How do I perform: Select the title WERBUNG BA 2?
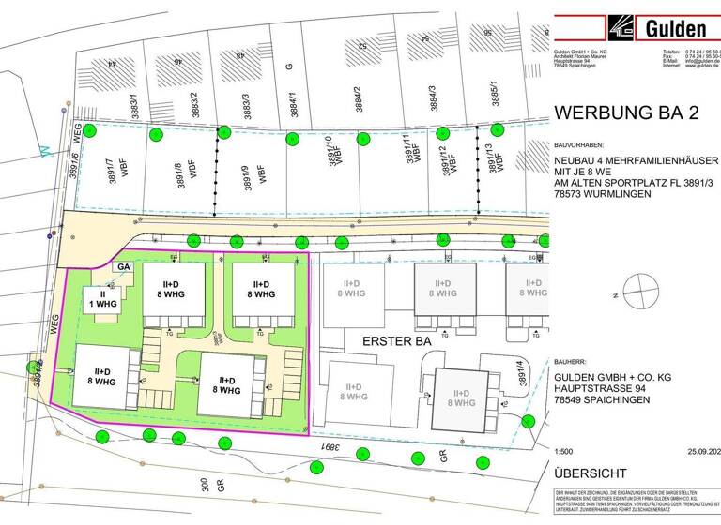coord(628,113)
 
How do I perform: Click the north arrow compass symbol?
coord(638,292)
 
